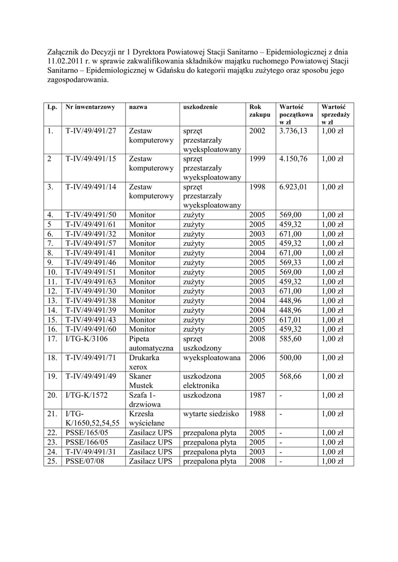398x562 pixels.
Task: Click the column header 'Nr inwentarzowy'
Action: pos(90,107)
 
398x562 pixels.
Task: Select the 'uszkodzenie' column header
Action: pos(200,107)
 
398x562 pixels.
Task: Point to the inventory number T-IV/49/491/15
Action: pos(91,159)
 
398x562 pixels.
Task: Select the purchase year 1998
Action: pos(257,187)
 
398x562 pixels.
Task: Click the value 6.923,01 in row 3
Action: pos(294,187)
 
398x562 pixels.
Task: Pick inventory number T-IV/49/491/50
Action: pos(91,215)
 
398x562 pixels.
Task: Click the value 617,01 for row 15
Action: pos(291,320)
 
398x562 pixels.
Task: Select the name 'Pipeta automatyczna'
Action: pos(150,344)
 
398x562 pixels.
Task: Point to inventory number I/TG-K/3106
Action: pos(86,339)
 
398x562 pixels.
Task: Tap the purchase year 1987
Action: pos(257,395)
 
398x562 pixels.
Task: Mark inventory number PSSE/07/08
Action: pos(85,462)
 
